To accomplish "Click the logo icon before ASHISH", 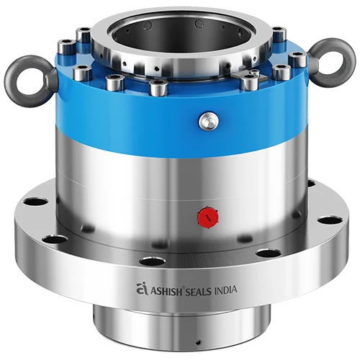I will click(141, 289).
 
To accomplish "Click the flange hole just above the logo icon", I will click(153, 261).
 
